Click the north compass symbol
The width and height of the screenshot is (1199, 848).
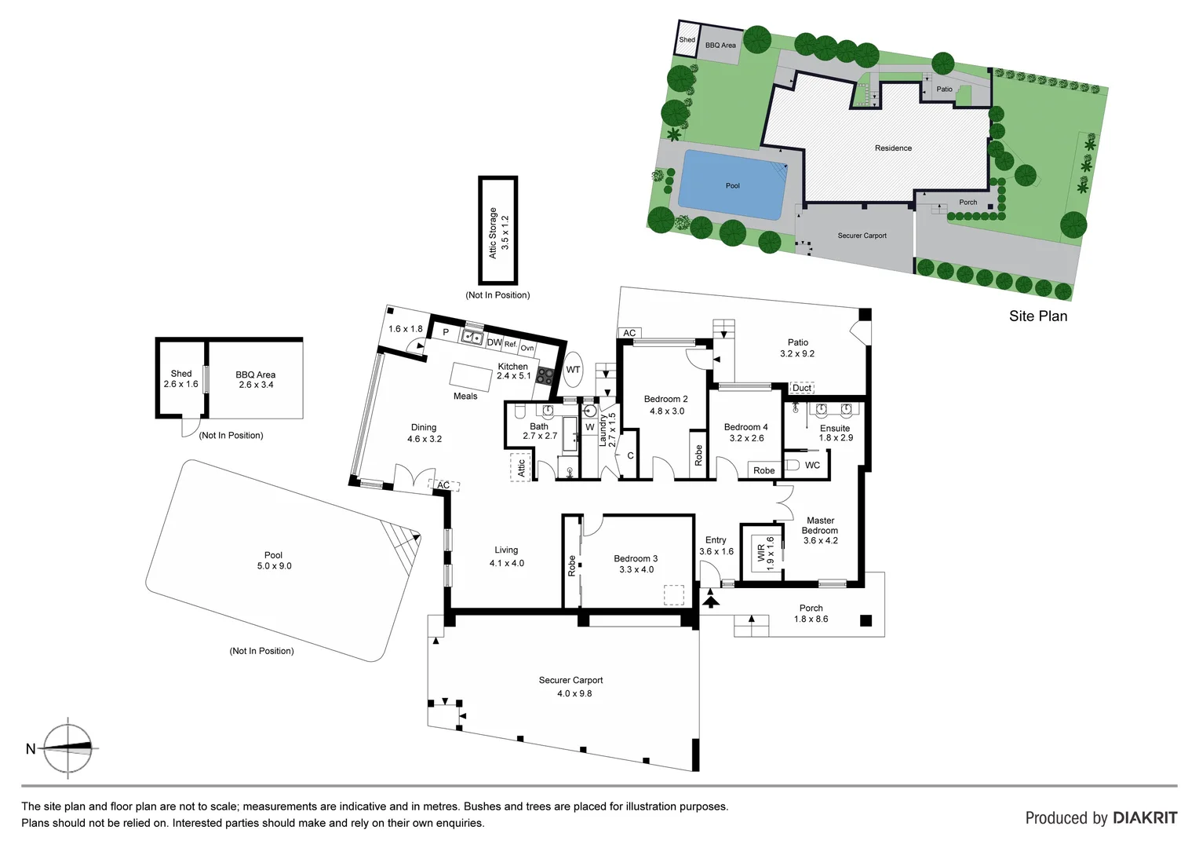click(67, 748)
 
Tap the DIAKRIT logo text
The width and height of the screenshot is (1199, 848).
click(1145, 818)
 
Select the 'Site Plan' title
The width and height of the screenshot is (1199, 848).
click(1037, 316)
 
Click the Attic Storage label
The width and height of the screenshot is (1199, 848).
click(498, 232)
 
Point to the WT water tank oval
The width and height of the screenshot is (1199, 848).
click(574, 370)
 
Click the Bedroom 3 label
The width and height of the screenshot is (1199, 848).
click(636, 564)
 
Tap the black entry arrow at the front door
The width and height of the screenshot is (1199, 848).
click(711, 601)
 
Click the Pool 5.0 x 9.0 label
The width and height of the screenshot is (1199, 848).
click(274, 560)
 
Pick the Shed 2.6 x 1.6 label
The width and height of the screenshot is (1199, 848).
click(181, 378)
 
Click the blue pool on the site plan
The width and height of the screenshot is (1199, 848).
click(731, 185)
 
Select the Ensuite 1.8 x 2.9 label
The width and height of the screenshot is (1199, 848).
click(835, 433)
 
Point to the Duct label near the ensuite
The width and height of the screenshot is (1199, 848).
click(802, 388)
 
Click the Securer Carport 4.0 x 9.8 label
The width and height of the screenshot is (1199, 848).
click(570, 686)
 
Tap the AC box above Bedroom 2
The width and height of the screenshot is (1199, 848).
click(629, 333)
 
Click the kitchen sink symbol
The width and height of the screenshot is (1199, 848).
click(472, 338)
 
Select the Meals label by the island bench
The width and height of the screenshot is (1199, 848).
click(465, 396)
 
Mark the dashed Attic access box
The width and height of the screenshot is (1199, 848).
click(520, 467)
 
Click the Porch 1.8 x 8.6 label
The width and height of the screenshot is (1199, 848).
click(811, 613)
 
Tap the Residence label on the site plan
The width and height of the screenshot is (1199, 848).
click(893, 148)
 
